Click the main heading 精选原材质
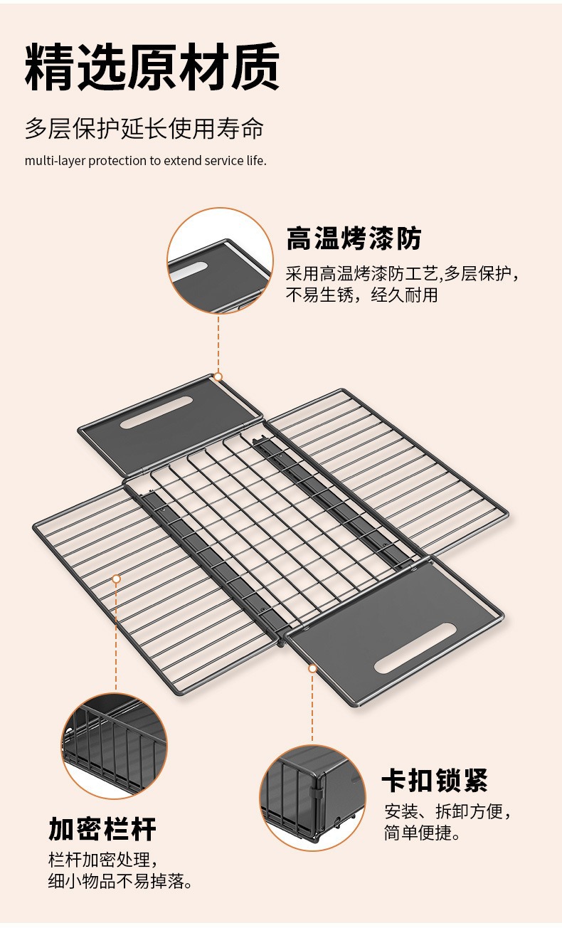[x=152, y=68]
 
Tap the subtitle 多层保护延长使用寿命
[x=144, y=130]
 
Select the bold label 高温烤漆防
[x=354, y=238]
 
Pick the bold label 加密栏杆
[x=102, y=829]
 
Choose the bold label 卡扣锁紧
[x=435, y=781]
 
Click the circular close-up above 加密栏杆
[x=115, y=745]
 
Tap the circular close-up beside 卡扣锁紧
[x=312, y=798]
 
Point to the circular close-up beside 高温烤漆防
[x=220, y=260]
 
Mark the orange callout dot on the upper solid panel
[x=218, y=376]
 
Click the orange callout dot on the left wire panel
[x=116, y=579]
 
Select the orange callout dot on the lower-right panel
[x=312, y=668]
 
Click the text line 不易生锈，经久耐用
[x=361, y=295]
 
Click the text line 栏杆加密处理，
[x=101, y=859]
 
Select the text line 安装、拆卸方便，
[x=448, y=811]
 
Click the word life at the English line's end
[x=255, y=161]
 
